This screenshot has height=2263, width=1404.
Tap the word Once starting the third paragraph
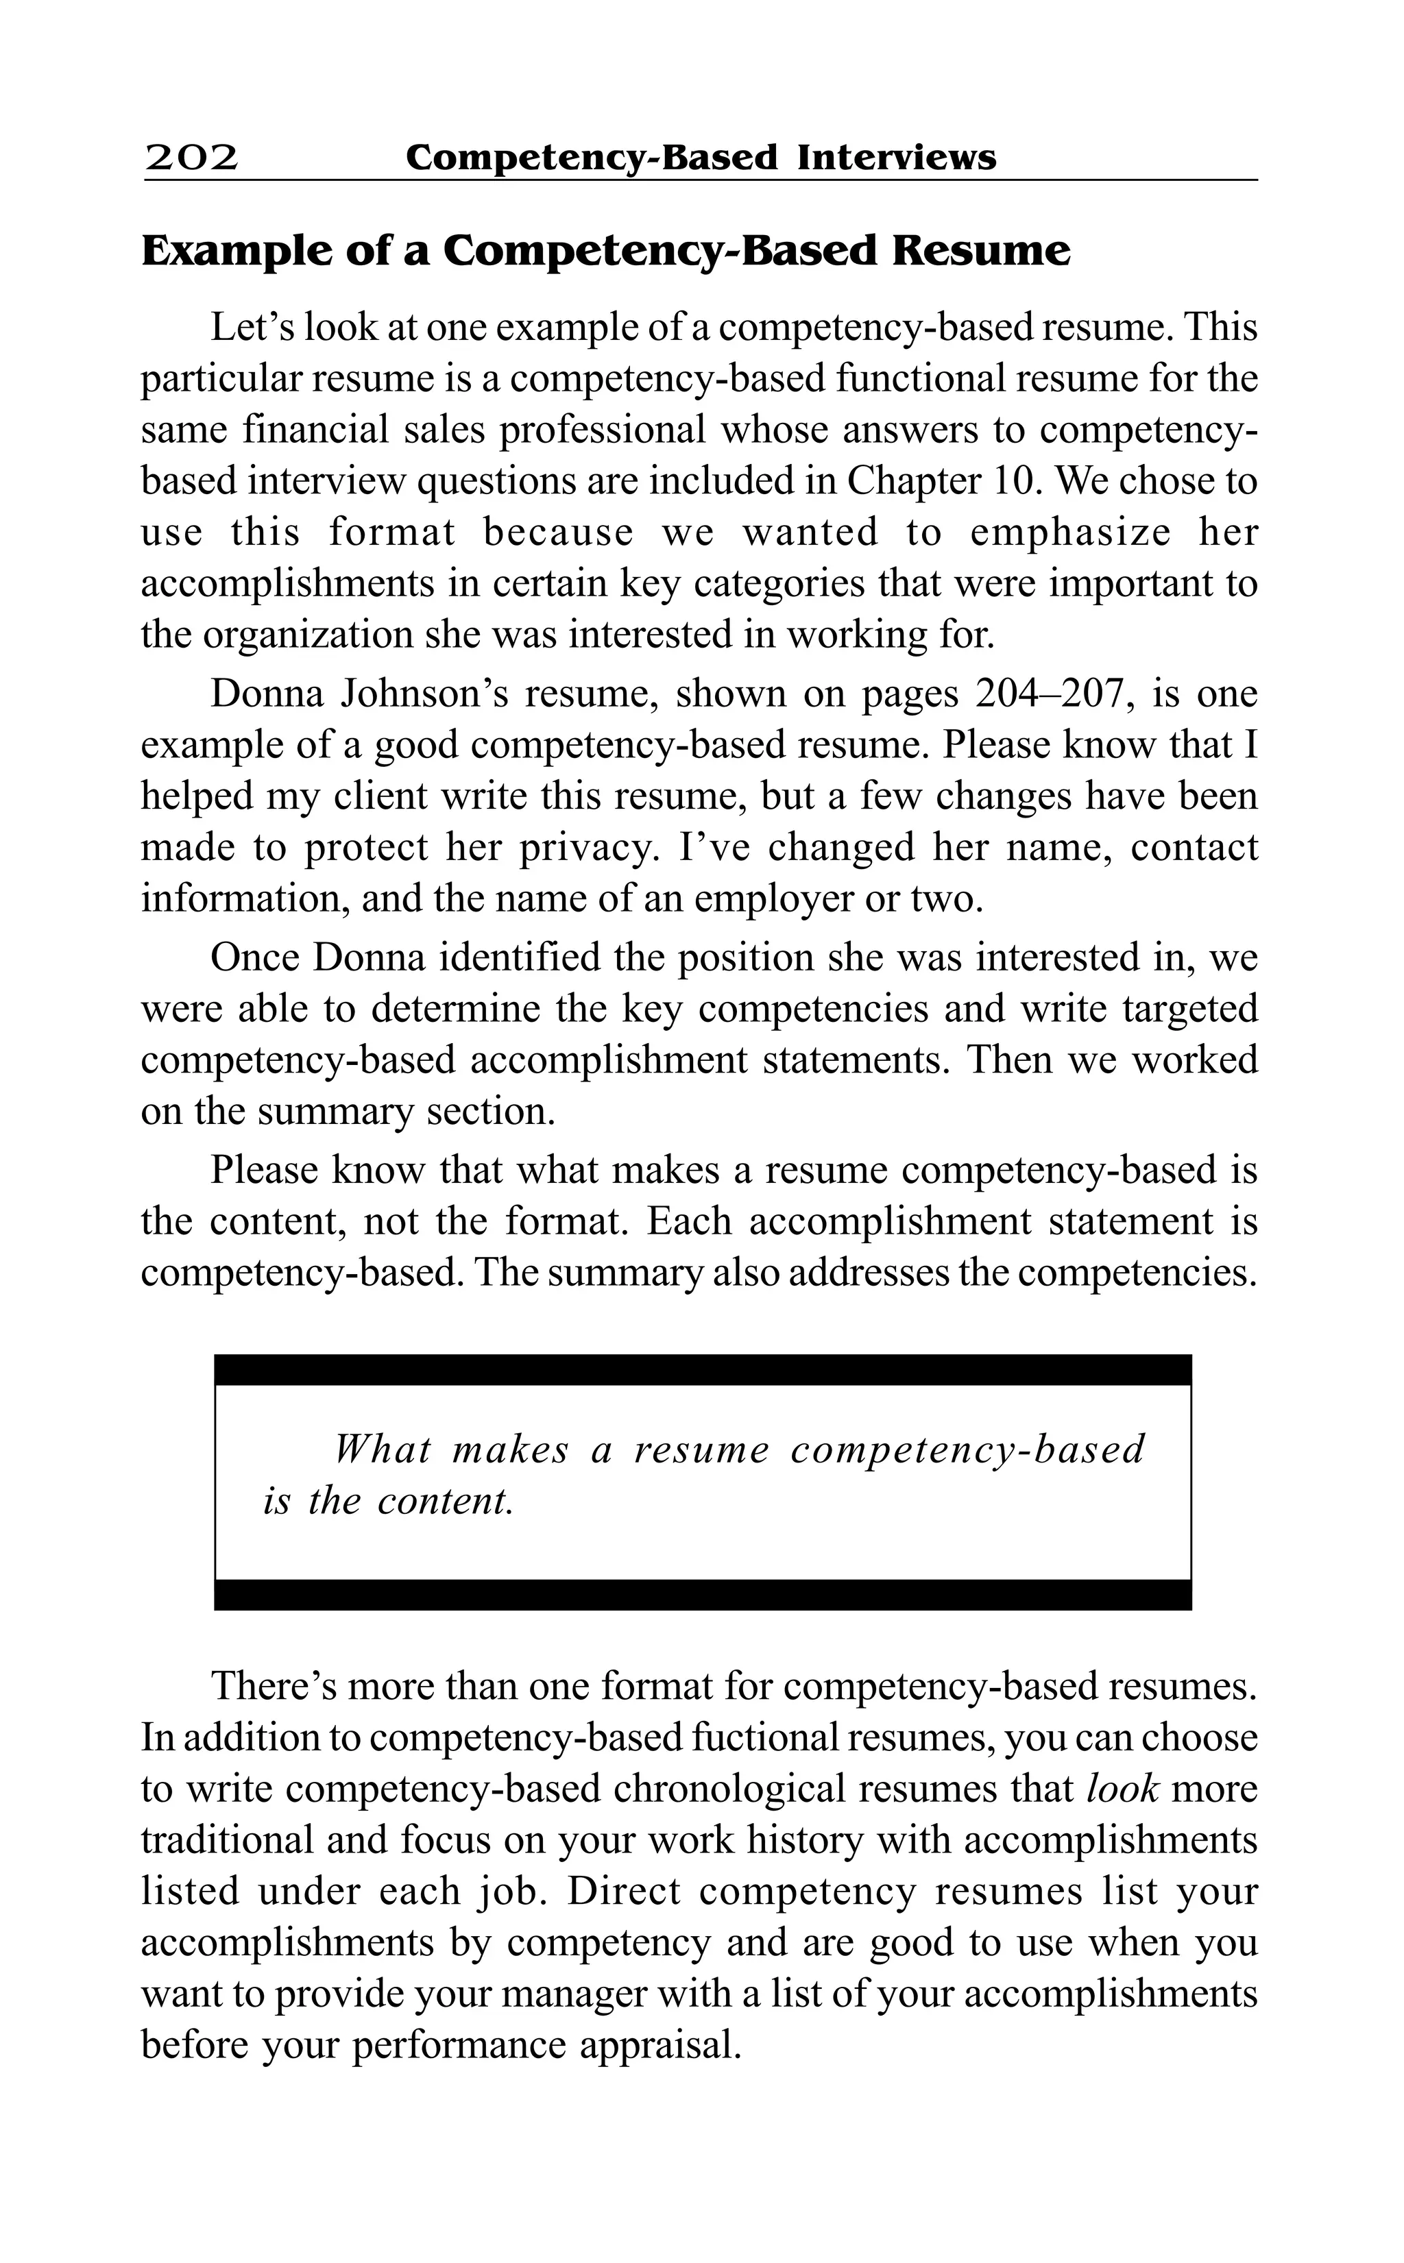point(254,957)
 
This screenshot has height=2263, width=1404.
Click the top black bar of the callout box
point(702,1369)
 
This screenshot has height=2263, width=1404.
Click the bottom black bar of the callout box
point(702,1595)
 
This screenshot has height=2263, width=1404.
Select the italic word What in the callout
point(383,1449)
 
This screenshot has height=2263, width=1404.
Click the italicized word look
point(1122,1788)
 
